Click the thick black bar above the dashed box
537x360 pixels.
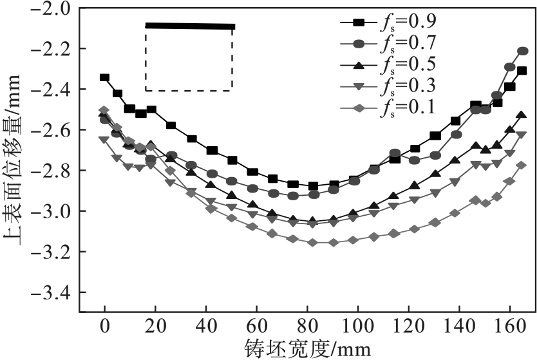[189, 26]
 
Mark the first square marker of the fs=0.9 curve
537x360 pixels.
[104, 77]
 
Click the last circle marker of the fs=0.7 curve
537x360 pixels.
[523, 51]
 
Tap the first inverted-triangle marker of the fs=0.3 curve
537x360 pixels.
[104, 139]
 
